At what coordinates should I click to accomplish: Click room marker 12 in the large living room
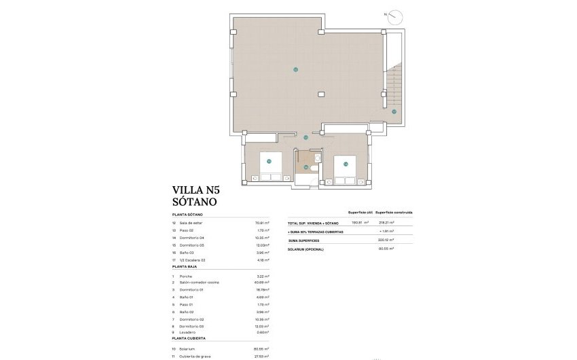pyautogui.click(x=295, y=69)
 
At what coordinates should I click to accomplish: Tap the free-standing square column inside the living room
pyautogui.click(x=322, y=93)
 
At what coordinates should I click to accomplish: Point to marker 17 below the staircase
pyautogui.click(x=394, y=111)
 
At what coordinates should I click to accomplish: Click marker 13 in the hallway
pyautogui.click(x=306, y=138)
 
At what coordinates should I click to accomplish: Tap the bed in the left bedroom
pyautogui.click(x=267, y=168)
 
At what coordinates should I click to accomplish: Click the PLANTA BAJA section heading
pyautogui.click(x=187, y=267)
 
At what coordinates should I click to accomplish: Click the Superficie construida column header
pyautogui.click(x=394, y=212)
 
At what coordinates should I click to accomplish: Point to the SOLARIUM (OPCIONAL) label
pyautogui.click(x=306, y=249)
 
